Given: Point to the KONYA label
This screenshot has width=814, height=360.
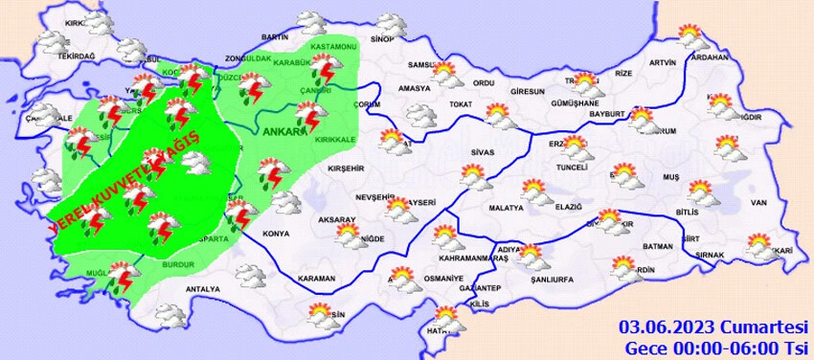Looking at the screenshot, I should [276, 234].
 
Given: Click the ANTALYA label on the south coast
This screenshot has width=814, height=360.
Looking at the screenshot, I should [202, 288].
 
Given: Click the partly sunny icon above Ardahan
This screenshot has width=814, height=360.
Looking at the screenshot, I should [690, 36].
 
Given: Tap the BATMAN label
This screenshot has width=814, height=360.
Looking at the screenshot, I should [658, 246].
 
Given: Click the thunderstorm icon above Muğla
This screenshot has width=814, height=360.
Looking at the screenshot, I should [121, 279].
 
